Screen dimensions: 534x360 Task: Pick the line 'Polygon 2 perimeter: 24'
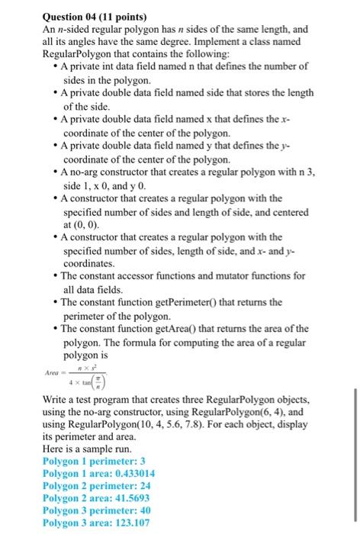97,487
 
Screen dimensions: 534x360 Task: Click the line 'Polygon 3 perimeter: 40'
97,510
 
